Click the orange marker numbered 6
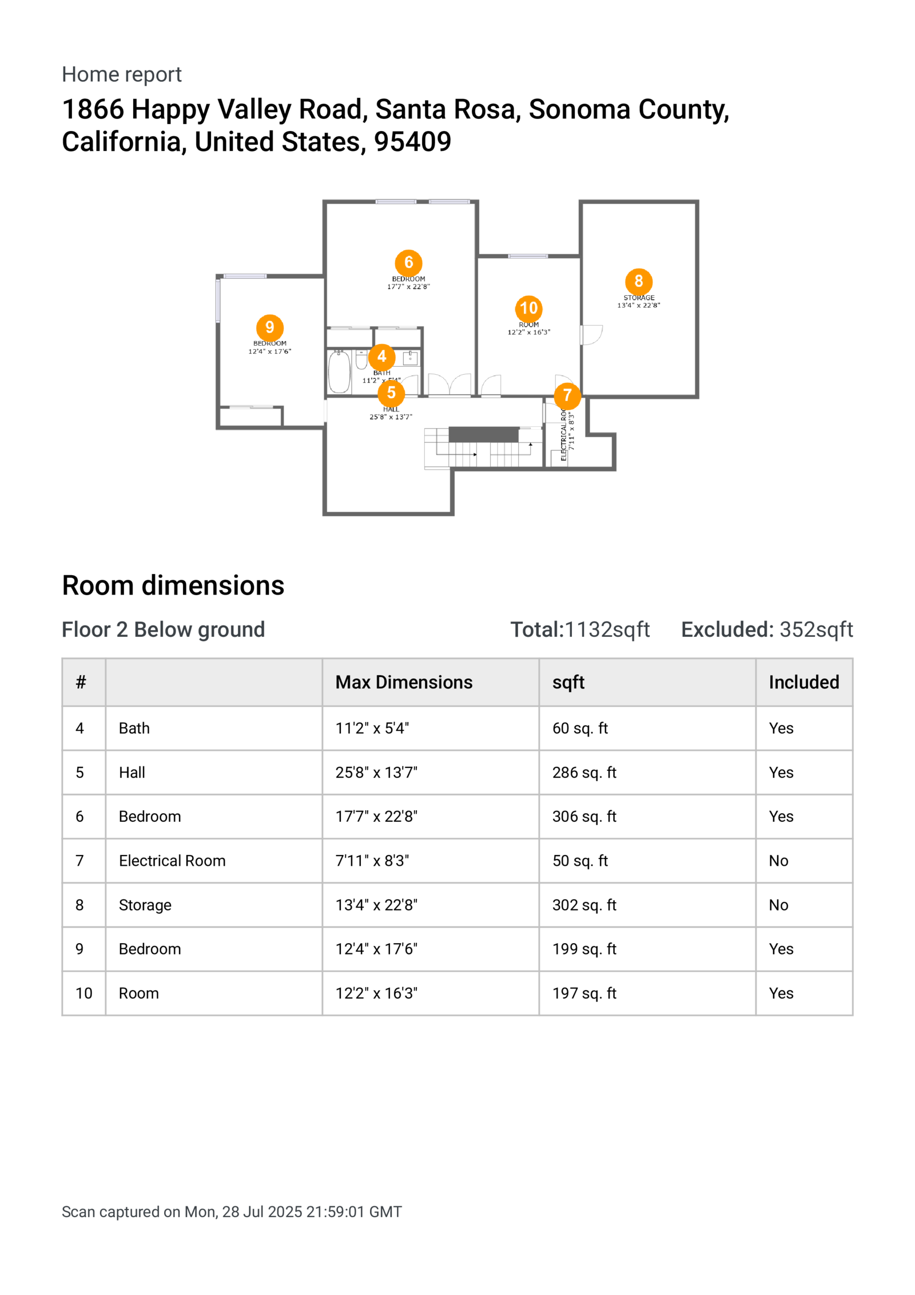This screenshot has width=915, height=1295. (x=408, y=263)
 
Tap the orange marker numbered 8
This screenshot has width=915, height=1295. (x=638, y=282)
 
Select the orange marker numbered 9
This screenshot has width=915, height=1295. (x=269, y=327)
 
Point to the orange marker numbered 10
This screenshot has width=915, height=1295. (x=528, y=308)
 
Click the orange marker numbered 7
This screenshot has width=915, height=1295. (x=567, y=395)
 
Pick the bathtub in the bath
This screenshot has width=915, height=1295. (x=339, y=372)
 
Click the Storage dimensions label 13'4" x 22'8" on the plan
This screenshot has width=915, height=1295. (x=638, y=306)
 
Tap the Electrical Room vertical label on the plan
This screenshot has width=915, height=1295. (x=564, y=435)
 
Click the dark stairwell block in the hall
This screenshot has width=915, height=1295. (x=483, y=434)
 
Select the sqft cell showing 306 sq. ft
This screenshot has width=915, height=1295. (x=584, y=817)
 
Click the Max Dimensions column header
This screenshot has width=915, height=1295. (x=404, y=682)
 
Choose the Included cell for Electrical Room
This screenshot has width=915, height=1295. (x=778, y=861)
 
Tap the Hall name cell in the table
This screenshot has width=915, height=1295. (x=132, y=773)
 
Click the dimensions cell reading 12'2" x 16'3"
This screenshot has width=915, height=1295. (x=376, y=993)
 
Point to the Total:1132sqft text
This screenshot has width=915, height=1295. (x=580, y=629)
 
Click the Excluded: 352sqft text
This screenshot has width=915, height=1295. (x=766, y=629)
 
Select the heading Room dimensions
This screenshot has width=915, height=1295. (x=173, y=585)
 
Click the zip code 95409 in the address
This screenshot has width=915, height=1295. (x=412, y=142)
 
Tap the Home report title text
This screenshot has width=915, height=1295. (x=122, y=74)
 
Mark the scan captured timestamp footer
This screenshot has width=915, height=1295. (x=232, y=1211)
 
